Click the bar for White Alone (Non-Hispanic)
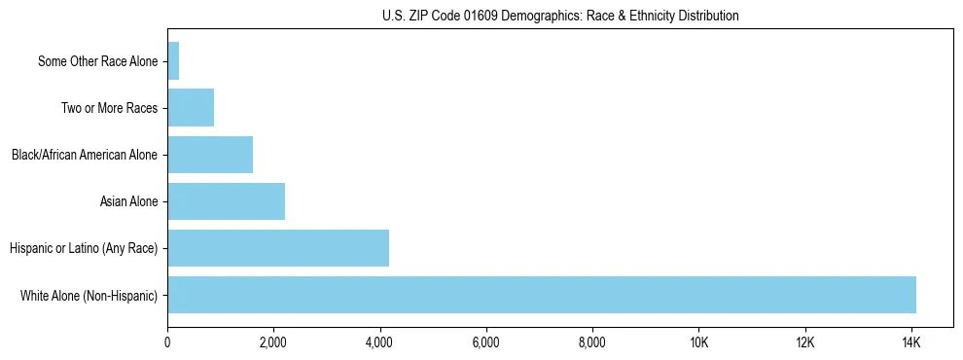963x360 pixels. [x=542, y=295]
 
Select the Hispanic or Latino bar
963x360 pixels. [x=278, y=248]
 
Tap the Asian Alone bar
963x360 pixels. [x=226, y=201]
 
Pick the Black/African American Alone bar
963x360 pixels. [x=210, y=155]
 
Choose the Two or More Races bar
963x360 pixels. [x=191, y=108]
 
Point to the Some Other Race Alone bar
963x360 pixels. [x=173, y=61]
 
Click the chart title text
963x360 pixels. [x=560, y=16]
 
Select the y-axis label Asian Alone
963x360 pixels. [x=128, y=202]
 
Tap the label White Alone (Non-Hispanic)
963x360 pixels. [x=89, y=296]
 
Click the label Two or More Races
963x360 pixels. [x=109, y=109]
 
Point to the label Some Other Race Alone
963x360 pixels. [x=97, y=62]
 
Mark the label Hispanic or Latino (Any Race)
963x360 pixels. [x=84, y=249]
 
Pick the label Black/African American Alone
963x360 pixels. [x=85, y=156]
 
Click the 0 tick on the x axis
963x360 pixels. [x=167, y=342]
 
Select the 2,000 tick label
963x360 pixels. [x=273, y=342]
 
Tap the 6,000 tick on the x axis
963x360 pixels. [x=485, y=342]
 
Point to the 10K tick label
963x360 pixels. [x=698, y=342]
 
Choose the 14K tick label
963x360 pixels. [x=910, y=342]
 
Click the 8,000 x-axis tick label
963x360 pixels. [x=591, y=342]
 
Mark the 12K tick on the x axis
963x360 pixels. [x=804, y=342]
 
